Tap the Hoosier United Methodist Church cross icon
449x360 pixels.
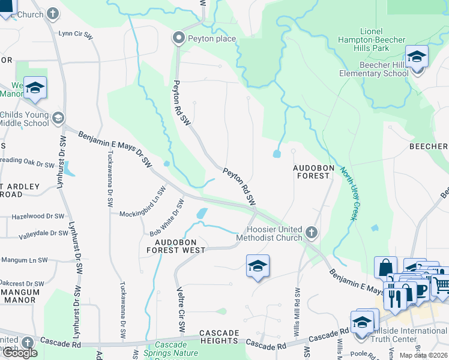(311, 232)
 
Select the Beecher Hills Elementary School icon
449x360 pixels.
(417, 58)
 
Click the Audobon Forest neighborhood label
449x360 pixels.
(311, 171)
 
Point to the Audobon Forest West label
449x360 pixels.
(176, 245)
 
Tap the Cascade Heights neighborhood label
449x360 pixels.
(219, 337)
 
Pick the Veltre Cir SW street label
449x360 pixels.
(181, 309)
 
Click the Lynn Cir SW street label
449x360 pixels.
(76, 35)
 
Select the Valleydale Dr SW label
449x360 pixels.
(43, 233)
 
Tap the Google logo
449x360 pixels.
(20, 352)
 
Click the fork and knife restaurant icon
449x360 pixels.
(395, 298)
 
